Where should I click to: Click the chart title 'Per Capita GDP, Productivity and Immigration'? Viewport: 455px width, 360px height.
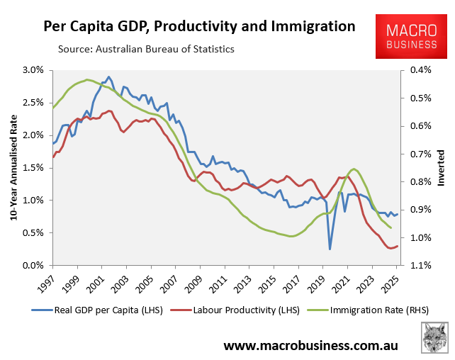pyautogui.click(x=199, y=27)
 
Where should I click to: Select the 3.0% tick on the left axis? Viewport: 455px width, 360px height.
pyautogui.click(x=32, y=70)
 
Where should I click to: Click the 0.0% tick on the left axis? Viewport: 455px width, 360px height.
pyautogui.click(x=32, y=266)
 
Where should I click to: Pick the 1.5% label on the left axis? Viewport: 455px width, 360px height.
pyautogui.click(x=32, y=168)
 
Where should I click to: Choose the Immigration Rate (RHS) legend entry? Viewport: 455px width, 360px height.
pyautogui.click(x=361, y=310)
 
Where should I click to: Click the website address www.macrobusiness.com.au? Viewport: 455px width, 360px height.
pyautogui.click(x=310, y=345)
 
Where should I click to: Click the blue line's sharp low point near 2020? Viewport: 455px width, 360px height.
pyautogui.click(x=330, y=249)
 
